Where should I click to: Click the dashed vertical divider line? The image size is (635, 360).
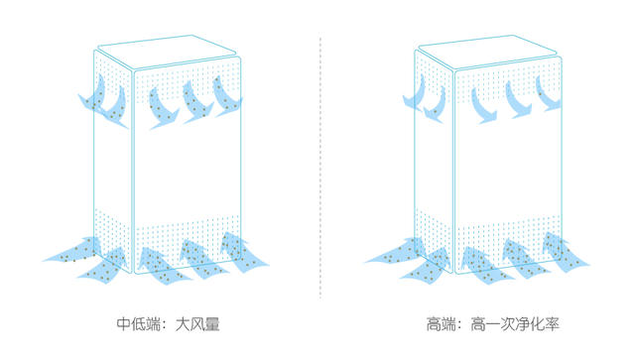click(x=320, y=169)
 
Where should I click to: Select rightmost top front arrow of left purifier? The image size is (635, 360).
click(x=228, y=97)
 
